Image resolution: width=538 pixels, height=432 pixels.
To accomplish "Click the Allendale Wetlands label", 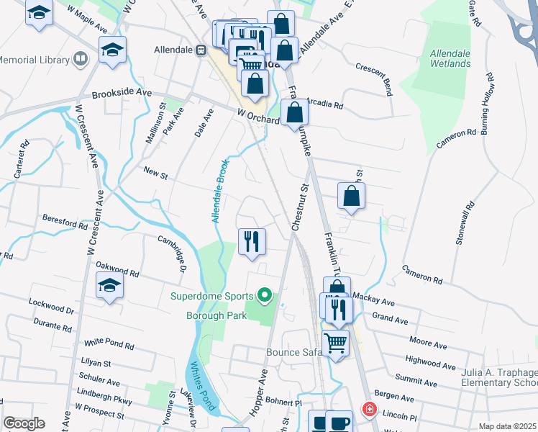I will point(450,58).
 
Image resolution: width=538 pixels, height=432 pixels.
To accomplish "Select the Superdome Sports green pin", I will point(265,295).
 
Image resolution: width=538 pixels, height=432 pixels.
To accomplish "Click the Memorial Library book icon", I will point(81,59).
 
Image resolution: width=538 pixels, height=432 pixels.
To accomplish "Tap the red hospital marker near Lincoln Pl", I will point(370,409).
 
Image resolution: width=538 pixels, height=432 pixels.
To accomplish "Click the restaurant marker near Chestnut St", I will point(252,240).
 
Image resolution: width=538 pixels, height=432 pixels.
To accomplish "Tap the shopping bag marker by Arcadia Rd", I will point(294,112).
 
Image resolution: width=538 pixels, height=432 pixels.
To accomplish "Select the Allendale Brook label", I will point(220,191).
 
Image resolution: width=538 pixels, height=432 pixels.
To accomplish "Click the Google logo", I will point(24,423).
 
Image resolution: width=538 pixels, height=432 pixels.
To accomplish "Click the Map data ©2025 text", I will point(507,426).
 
